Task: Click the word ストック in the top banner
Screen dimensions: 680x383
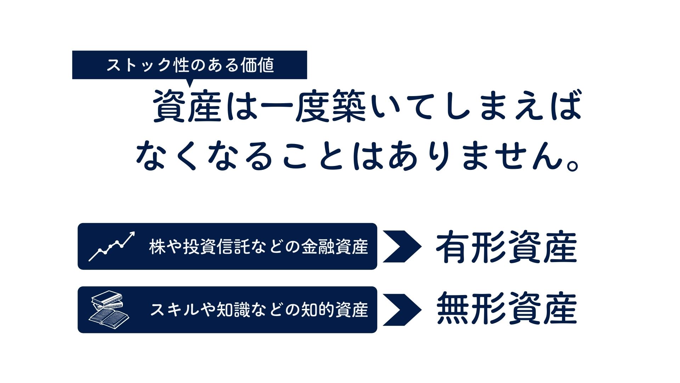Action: click(138, 66)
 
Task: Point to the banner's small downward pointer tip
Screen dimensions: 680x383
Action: click(190, 85)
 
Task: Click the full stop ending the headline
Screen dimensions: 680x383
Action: click(573, 165)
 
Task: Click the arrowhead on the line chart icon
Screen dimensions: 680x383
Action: click(132, 234)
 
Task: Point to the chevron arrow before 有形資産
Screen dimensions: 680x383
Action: click(402, 246)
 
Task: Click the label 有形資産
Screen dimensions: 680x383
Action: click(506, 247)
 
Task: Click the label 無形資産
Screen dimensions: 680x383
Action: click(506, 309)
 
